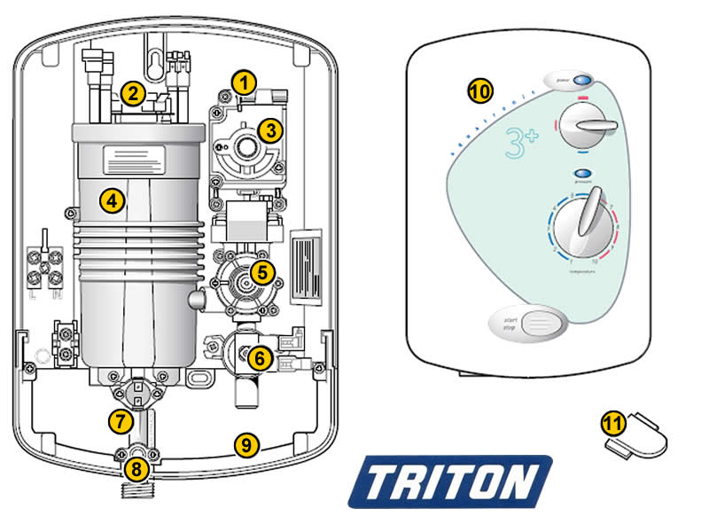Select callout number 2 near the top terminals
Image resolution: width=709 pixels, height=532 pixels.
tap(133, 91)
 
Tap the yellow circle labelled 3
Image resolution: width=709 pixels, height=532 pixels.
tap(270, 129)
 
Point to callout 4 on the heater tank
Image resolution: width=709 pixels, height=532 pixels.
tap(111, 200)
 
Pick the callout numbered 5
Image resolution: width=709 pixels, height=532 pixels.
tap(262, 271)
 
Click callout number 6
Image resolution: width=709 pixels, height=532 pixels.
tap(259, 358)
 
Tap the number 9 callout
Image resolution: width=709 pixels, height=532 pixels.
tap(247, 444)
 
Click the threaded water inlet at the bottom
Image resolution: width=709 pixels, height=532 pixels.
tap(136, 490)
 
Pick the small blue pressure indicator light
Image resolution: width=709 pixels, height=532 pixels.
tap(582, 172)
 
